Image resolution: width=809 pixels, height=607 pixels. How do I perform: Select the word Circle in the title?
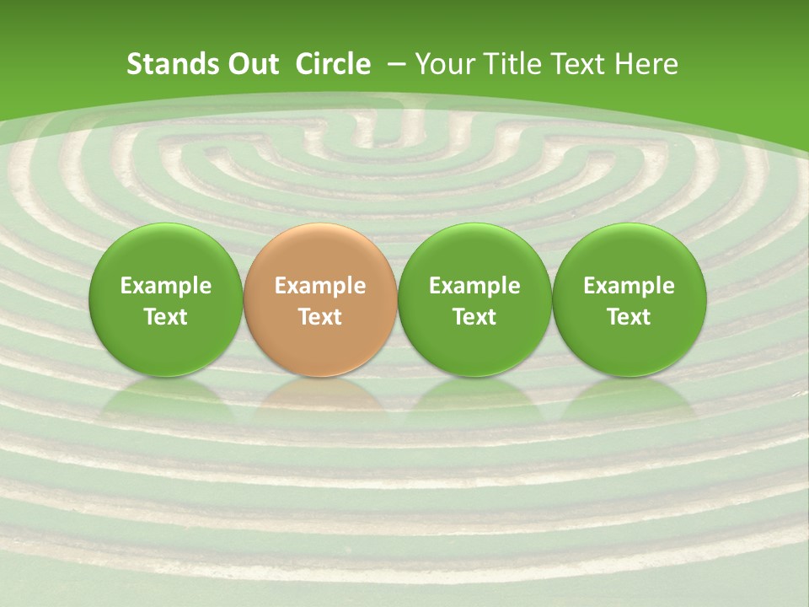[333, 64]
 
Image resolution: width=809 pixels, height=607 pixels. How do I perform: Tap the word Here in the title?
[646, 64]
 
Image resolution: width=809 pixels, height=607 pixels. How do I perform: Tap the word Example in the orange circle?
[320, 286]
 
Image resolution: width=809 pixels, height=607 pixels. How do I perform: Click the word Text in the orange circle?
[320, 317]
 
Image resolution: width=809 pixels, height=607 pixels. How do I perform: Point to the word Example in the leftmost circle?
[166, 286]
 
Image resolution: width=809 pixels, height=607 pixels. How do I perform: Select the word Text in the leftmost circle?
[166, 317]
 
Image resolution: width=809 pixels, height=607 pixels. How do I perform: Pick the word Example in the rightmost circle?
[630, 286]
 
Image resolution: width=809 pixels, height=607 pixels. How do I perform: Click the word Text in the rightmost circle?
[630, 317]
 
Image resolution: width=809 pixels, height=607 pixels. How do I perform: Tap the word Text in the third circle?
[474, 317]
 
